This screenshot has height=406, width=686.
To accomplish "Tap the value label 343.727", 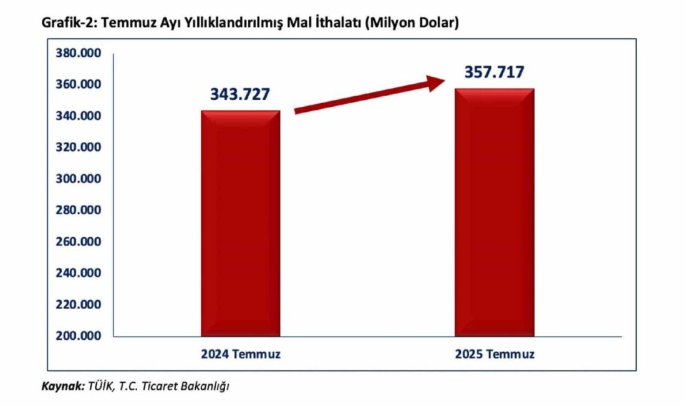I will tap(240, 94).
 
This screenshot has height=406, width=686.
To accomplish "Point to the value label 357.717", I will tap(494, 72).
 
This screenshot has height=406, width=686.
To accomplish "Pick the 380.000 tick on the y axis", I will tap(78, 53).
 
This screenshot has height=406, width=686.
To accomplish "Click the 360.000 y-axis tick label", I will tap(78, 84).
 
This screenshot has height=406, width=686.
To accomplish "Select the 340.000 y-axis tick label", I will tap(78, 116).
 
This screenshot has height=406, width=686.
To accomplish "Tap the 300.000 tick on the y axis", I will tap(78, 179).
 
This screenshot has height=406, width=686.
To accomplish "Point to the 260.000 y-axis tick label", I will tap(78, 242).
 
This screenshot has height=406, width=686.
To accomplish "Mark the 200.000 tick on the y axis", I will tap(78, 336).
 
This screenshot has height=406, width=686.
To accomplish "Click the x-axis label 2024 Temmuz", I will tap(241, 354).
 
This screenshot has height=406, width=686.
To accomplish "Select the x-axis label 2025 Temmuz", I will tap(494, 354).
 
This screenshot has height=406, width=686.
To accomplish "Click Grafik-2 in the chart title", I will tap(67, 23).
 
